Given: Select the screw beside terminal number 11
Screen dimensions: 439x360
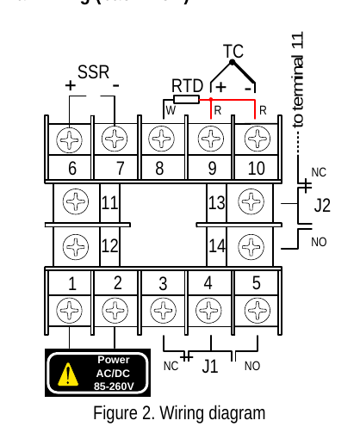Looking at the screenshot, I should click(x=77, y=203).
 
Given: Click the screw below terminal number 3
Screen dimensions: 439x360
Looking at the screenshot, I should click(x=162, y=309).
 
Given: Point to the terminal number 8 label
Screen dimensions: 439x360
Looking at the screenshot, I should click(x=160, y=169).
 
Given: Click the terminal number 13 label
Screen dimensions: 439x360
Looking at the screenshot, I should click(x=216, y=203).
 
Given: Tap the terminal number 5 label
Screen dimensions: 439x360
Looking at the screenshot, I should click(x=256, y=282).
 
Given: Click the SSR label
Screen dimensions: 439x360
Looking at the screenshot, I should click(x=94, y=72).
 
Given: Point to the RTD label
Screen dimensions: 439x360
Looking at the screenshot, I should click(x=187, y=86).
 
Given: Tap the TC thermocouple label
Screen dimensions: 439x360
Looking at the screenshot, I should click(x=233, y=53).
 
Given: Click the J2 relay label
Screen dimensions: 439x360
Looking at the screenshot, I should click(x=322, y=206).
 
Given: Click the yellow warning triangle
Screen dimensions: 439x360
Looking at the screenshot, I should click(x=67, y=374).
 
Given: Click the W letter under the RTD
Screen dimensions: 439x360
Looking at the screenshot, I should click(x=171, y=110).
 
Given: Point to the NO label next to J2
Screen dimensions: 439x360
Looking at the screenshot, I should click(x=319, y=243).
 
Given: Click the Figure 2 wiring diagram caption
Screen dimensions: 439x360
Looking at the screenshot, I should click(x=179, y=413).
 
